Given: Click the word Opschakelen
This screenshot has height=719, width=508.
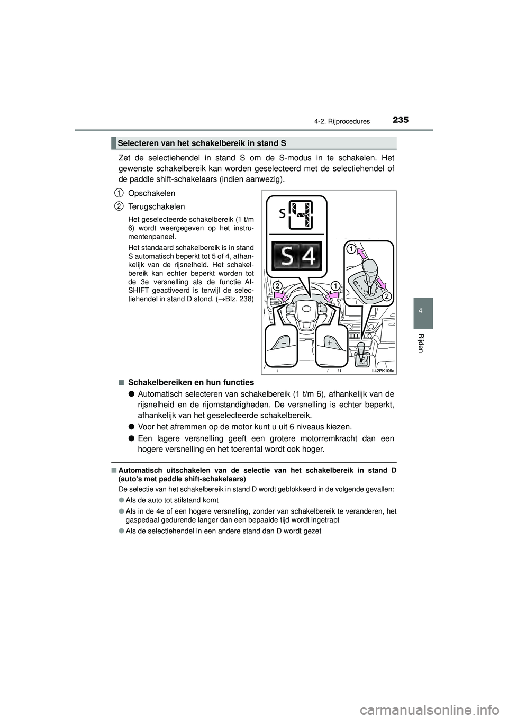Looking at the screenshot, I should point(151,193).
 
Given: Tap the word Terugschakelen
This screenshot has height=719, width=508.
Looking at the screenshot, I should point(157,206).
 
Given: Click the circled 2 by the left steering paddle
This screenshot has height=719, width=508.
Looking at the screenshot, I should point(277,286).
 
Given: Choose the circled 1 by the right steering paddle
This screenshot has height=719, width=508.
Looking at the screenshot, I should point(334,286).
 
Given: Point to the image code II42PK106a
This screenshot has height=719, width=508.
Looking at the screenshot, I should point(384,371).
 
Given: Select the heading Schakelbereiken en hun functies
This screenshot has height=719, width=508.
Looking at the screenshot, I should point(191,382).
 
